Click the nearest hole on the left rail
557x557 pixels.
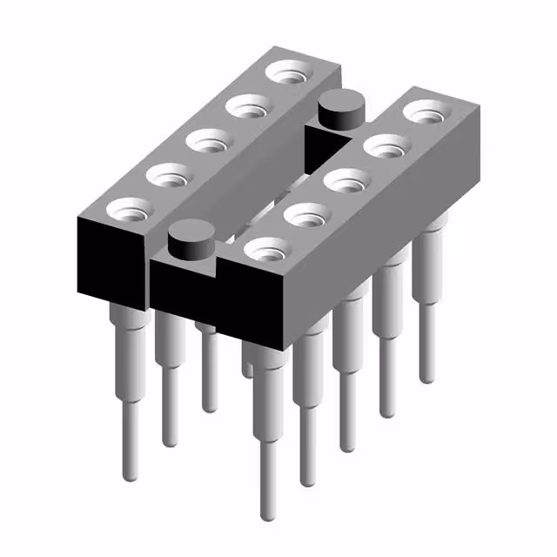128,210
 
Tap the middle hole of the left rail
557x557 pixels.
207,140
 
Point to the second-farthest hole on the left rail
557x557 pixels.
247,107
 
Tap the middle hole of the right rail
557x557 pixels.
345,181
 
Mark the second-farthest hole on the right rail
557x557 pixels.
385,146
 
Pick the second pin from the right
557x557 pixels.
386,348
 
